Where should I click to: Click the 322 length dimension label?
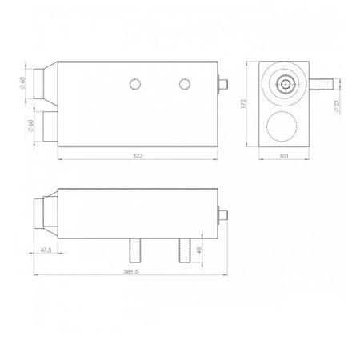coord(138,156)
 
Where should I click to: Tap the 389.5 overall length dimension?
coord(130,271)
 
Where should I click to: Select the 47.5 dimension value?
coord(46,250)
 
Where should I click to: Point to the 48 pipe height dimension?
coord(198,250)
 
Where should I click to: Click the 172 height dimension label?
coord(243,104)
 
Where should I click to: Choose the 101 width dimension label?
coord(284,156)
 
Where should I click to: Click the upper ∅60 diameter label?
coord(22,83)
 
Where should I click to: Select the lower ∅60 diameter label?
coord(30,126)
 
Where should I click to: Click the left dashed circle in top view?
coord(135,84)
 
